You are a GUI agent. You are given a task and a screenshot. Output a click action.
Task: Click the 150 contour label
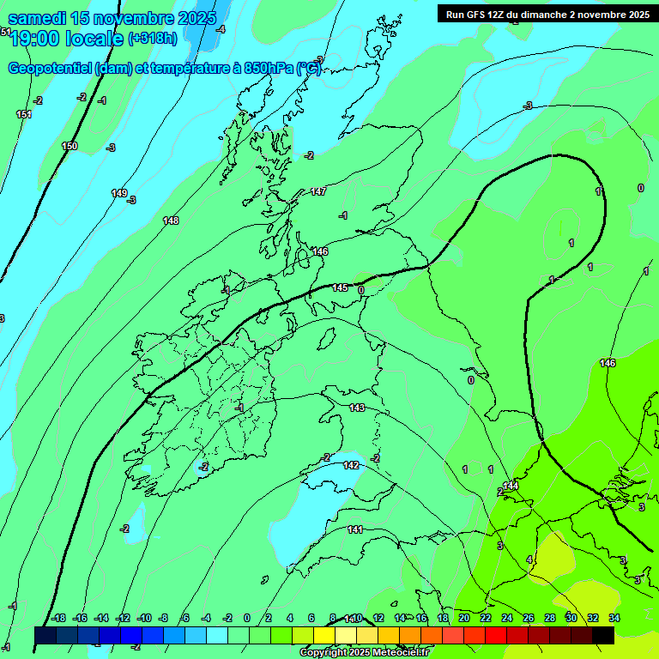(x=70, y=147)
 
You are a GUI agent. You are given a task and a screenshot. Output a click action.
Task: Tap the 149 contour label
(x=119, y=193)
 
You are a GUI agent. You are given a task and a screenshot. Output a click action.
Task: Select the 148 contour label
(x=171, y=221)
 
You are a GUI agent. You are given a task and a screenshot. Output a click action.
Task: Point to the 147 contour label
(x=318, y=191)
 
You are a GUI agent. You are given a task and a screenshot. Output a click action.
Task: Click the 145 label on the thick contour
(x=341, y=288)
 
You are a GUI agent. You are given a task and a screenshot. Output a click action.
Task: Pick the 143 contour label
(x=357, y=408)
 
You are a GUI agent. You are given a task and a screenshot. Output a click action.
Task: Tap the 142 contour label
(x=351, y=465)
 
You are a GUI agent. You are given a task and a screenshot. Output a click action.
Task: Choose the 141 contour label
(x=355, y=529)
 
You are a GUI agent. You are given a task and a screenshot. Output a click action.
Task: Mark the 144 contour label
(x=511, y=486)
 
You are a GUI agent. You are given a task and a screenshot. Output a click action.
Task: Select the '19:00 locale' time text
(x=66, y=39)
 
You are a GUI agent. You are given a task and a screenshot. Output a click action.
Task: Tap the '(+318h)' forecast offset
(x=153, y=39)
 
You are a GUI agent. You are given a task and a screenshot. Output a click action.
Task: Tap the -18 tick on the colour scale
(x=58, y=618)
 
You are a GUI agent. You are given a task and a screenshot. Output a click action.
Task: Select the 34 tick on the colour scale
(x=614, y=618)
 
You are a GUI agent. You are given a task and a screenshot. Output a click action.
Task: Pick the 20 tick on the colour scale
(x=464, y=618)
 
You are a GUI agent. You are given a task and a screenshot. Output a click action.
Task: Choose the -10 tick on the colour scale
(x=143, y=618)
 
